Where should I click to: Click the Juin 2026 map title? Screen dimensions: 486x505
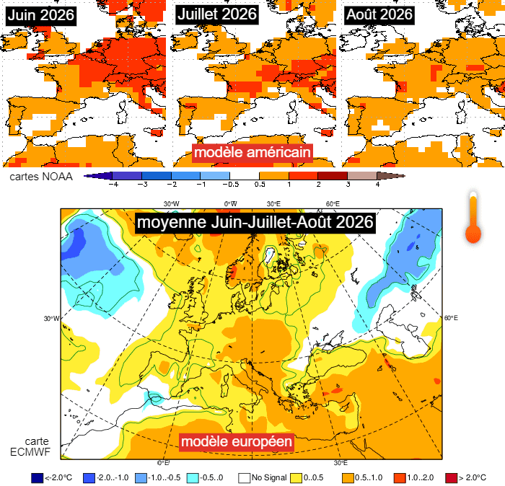click(39, 14)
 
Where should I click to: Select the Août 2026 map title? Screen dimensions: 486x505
click(379, 14)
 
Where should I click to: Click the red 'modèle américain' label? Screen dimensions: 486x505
click(252, 153)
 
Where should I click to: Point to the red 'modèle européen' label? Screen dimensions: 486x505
click(236, 441)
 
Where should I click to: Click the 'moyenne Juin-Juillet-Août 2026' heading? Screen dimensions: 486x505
click(255, 222)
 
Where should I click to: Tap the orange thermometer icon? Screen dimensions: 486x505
click(473, 218)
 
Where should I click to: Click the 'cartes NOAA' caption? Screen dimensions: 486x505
click(39, 175)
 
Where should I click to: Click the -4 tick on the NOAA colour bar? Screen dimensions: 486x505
click(113, 185)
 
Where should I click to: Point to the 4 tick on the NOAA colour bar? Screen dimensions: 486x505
click(377, 185)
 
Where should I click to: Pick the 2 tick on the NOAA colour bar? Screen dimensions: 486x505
click(318, 185)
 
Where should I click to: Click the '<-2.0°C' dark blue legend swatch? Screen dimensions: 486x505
click(37, 477)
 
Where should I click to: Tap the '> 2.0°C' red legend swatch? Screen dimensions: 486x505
click(452, 477)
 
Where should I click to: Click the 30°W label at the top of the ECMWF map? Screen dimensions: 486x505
click(172, 203)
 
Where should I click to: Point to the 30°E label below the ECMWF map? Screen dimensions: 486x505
click(341, 463)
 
